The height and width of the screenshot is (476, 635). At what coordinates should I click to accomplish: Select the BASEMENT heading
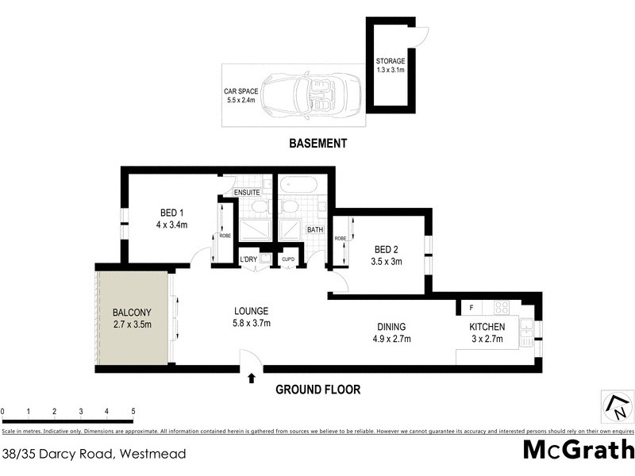[x=317, y=144]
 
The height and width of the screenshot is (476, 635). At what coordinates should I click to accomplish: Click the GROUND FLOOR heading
[x=317, y=390]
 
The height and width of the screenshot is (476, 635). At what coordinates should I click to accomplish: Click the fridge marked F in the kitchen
[x=471, y=307]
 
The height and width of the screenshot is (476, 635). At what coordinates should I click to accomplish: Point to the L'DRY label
[x=249, y=260]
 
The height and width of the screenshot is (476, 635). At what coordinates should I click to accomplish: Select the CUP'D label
[x=287, y=260]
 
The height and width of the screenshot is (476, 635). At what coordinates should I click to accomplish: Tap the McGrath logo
[x=578, y=450]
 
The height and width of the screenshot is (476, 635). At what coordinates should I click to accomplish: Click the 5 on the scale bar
[x=133, y=411]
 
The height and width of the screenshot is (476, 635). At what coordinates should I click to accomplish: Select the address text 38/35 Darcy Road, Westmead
[x=94, y=454]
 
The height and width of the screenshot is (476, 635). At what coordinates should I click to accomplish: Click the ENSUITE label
[x=247, y=193]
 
